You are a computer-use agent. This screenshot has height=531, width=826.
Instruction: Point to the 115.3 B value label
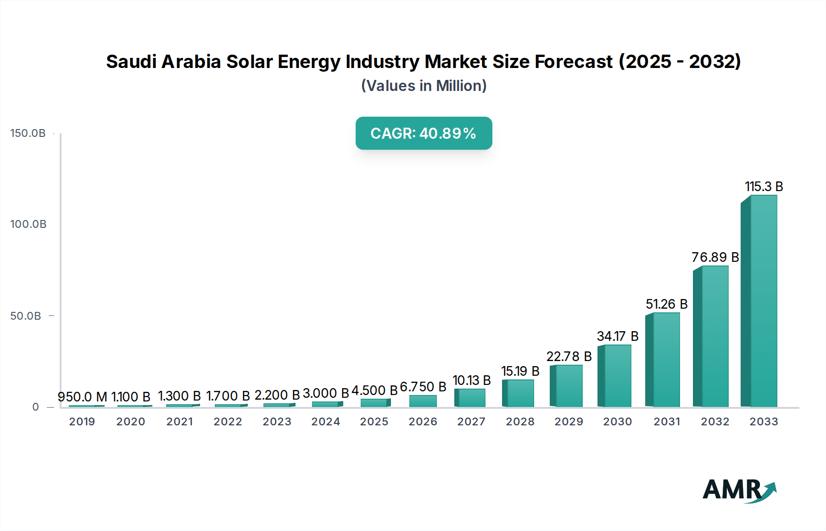pos(764,186)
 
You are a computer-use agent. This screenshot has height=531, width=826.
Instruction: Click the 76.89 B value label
pos(715,257)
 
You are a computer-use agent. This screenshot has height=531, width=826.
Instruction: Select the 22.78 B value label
pos(569,356)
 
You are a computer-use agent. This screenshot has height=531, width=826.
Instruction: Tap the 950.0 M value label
pos(82,396)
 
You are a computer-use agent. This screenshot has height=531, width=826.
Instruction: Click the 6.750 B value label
pos(423,387)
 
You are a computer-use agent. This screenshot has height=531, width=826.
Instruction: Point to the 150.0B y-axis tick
pos(28,133)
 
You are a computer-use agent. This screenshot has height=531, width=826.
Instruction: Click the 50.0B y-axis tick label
pos(26,316)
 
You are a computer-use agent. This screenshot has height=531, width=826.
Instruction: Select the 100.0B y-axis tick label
pos(28,224)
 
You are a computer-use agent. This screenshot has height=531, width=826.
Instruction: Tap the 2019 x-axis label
pos(82,422)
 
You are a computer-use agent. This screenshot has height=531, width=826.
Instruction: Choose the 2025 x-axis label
pos(374,422)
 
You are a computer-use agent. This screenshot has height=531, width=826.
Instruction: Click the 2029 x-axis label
pos(569,422)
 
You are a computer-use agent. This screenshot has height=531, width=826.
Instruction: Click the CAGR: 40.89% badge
pos(424,133)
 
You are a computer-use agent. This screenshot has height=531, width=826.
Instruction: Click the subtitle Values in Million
pos(424,86)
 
